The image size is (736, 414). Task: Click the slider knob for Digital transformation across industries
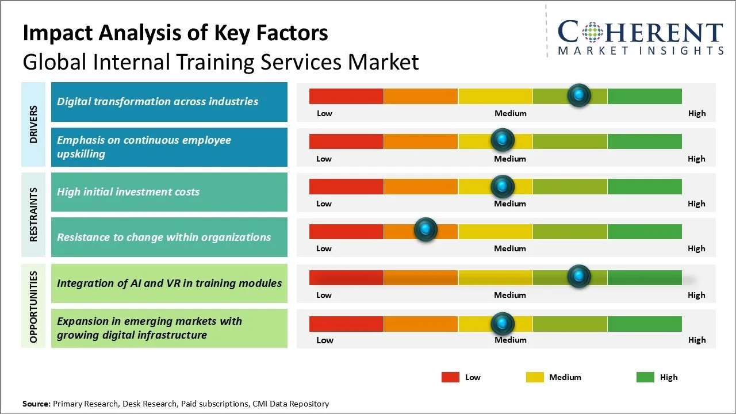pos(578,95)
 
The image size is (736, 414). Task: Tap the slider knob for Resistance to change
pos(425,230)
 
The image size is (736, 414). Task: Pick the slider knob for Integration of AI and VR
pos(578,277)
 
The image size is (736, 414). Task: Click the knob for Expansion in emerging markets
pos(503,324)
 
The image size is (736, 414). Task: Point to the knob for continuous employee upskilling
pos(503,140)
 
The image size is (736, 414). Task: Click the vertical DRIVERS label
pos(33,124)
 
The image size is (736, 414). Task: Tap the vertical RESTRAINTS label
pos(33,214)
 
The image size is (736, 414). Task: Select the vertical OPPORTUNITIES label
pos(33,306)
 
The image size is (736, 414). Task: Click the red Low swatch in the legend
pos(450,377)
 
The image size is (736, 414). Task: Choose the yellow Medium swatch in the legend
pos(535,377)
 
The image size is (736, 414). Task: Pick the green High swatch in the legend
pos(645,377)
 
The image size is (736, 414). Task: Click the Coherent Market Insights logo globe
pos(592,32)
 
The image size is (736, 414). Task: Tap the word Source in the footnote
pos(36,404)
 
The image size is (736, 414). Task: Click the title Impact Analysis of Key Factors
pos(175,33)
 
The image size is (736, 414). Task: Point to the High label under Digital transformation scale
pos(696,113)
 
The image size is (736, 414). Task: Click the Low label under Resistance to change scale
pos(324,248)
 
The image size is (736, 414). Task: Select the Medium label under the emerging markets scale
pos(510,340)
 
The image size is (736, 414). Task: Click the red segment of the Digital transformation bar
pos(346,96)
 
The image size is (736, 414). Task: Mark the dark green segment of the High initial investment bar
pos(644,186)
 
